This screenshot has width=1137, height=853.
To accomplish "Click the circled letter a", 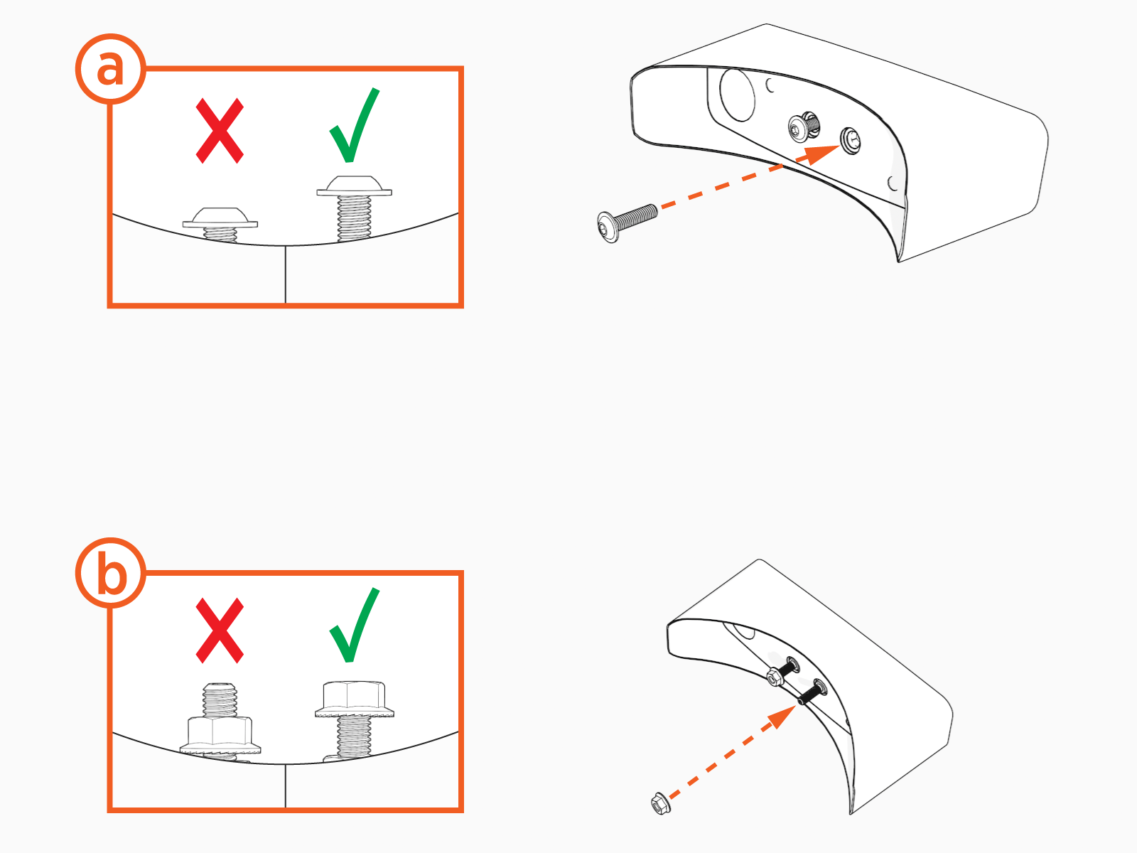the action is point(110,69).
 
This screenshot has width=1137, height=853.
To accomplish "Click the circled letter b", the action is point(110,573).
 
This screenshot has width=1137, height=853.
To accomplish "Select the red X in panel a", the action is point(220,131).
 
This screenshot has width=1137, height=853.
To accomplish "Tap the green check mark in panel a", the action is point(355,125).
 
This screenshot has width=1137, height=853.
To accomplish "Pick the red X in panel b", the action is point(220,631).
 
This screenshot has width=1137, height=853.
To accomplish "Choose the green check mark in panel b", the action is point(355,625).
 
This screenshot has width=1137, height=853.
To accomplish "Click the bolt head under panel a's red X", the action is point(220,218).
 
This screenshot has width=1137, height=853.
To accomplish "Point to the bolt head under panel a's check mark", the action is point(355,186).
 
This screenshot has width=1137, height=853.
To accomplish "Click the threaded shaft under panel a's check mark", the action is point(355,218).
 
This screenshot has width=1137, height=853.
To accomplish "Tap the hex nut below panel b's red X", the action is point(220,735).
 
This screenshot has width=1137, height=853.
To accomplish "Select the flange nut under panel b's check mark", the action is point(355,699).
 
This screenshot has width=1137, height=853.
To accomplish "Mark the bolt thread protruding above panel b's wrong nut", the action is point(220,699).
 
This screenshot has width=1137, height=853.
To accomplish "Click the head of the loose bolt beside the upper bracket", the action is point(608,227).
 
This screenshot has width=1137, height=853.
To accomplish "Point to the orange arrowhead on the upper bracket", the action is point(819,154).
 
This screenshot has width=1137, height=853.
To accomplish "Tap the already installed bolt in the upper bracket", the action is point(804,127).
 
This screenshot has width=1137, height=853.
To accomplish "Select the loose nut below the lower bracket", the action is point(660,803).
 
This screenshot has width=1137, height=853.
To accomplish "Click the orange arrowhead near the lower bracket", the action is point(783,716).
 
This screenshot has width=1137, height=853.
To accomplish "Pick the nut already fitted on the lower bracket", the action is point(773,677).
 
